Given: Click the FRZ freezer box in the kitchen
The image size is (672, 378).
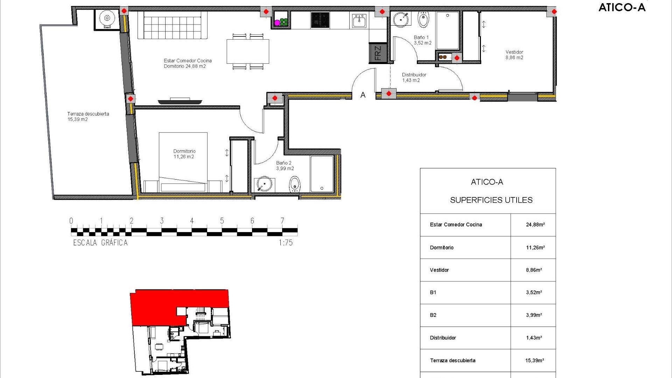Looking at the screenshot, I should [378, 53].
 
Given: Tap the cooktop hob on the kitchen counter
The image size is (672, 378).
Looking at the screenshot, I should [320, 20].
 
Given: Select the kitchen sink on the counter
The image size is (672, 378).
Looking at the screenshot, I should [359, 21].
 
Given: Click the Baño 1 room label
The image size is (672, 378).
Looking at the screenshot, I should [422, 40].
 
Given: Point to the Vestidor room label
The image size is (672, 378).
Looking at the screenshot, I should [514, 55].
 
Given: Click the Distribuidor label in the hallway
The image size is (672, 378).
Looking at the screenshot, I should [414, 77].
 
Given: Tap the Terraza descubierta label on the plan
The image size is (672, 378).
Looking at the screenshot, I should [88, 117].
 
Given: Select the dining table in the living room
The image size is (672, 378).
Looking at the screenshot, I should [248, 51].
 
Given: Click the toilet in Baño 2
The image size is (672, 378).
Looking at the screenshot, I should [295, 184].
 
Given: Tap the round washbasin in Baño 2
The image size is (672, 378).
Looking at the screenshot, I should [264, 184].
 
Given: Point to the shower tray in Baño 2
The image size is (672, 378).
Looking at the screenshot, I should [322, 174].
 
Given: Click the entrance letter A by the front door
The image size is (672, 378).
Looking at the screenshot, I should [363, 95].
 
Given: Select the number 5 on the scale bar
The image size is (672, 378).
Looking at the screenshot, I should [222, 221].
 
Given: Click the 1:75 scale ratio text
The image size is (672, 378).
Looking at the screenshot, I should [286, 243].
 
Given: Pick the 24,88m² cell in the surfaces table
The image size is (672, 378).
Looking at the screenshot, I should [535, 225].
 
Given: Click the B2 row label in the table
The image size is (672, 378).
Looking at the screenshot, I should [433, 315].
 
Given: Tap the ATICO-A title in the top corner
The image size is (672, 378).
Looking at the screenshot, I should [622, 7].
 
